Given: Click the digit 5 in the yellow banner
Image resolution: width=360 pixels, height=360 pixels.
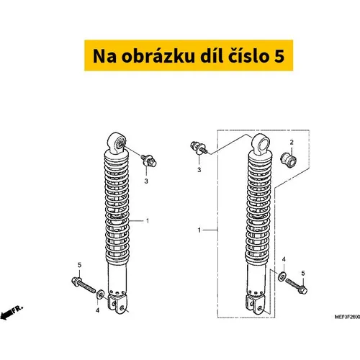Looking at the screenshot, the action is tap(279, 56).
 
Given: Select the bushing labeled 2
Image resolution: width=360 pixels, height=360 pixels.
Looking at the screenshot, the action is tap(289, 161).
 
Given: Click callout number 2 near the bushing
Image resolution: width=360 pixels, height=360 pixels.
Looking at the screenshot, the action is tap(292, 142).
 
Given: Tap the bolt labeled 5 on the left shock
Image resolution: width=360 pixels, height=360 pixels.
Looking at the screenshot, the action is tap(83, 285).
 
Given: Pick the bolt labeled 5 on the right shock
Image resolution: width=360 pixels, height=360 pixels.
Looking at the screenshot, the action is tap(297, 286).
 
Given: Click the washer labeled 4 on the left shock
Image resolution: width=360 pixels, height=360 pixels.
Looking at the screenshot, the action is tap(100, 294).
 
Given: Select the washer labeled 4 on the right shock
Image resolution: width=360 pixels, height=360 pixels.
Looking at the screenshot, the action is tap(282, 276).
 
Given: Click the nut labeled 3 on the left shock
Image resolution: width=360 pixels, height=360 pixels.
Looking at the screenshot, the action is tap(149, 161).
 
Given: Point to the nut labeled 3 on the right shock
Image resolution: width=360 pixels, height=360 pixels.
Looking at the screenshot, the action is tap(199, 148).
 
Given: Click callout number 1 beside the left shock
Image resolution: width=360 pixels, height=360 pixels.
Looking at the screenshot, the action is tap(148, 220).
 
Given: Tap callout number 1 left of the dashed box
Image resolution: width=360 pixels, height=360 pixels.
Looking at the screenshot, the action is tap(199, 230).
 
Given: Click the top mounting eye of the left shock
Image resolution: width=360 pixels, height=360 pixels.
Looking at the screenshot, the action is tap(117, 143).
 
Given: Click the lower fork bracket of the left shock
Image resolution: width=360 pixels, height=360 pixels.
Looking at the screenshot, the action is tap(117, 305).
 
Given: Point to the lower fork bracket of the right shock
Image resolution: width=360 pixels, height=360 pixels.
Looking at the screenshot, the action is tap(256, 305).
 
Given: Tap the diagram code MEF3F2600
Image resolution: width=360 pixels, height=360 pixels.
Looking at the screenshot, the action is tap(347, 317).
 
